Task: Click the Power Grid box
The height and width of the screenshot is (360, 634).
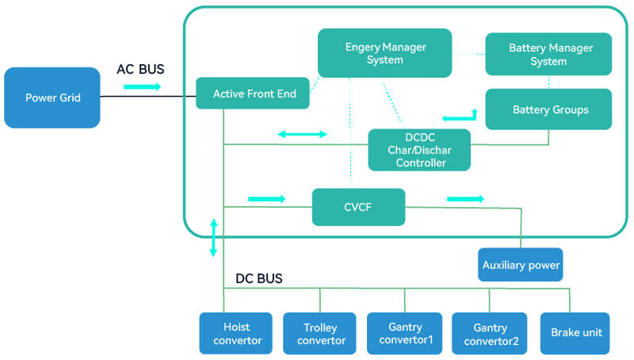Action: tap(52, 98)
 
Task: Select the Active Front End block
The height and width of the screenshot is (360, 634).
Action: tap(254, 94)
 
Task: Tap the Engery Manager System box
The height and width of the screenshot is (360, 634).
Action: tap(385, 53)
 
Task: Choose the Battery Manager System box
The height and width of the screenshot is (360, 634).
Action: tap(548, 54)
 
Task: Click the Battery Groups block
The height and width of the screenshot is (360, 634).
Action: tap(548, 109)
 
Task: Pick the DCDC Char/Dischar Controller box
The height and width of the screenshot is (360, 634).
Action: tap(419, 150)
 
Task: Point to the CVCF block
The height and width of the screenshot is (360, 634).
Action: tap(358, 208)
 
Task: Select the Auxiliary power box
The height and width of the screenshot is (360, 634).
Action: tap(521, 265)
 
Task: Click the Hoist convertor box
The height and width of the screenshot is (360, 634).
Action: tap(236, 333)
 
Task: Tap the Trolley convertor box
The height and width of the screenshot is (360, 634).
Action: tap(320, 333)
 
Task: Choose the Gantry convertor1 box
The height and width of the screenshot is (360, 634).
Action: tap(405, 333)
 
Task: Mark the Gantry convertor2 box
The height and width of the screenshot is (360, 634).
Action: tap(489, 333)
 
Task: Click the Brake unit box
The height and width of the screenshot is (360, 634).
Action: tap(576, 333)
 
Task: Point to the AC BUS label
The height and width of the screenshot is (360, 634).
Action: tap(140, 69)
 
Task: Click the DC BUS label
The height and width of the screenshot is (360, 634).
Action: tap(259, 278)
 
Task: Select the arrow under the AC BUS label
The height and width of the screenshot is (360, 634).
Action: tap(142, 86)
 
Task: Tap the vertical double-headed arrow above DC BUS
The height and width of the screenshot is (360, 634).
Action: tap(213, 237)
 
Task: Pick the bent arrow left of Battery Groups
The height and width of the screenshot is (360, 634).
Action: tap(459, 116)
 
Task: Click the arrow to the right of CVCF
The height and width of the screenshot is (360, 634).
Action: tap(465, 198)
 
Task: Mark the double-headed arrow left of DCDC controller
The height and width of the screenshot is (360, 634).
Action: tap(302, 134)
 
